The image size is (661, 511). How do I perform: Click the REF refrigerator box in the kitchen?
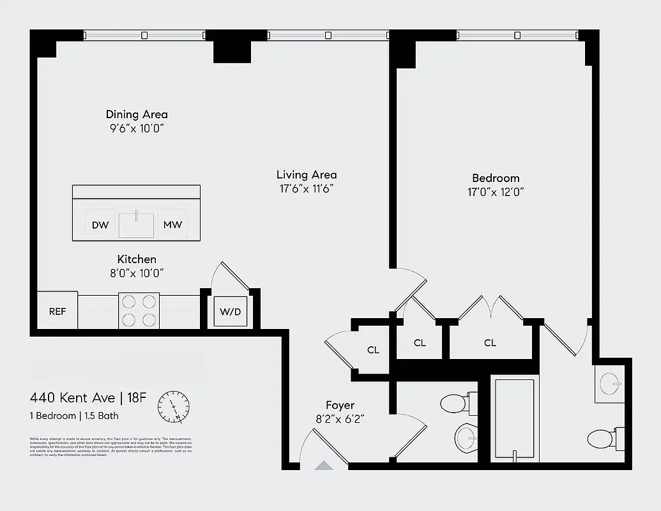(x=57, y=311)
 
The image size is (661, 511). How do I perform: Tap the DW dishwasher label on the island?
(x=100, y=225)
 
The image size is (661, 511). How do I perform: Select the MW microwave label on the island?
(x=172, y=225)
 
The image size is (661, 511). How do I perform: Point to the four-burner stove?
(x=139, y=310)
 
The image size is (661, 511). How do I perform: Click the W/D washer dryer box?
(x=231, y=312)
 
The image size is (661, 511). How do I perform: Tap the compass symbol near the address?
(x=174, y=407)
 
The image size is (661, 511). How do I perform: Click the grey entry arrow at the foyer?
(x=324, y=466)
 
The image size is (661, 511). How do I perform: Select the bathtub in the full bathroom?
(x=515, y=419)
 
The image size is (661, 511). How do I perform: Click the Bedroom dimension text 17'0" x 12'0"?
(x=495, y=192)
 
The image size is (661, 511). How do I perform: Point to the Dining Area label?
(x=137, y=114)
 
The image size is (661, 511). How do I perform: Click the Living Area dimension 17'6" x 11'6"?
(x=307, y=188)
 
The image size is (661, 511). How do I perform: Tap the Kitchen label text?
(x=137, y=259)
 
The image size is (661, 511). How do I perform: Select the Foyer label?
(x=340, y=405)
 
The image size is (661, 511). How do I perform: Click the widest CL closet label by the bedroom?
(x=490, y=343)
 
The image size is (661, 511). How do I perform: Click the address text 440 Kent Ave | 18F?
(x=88, y=398)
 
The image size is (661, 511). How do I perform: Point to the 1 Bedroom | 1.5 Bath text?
(x=74, y=416)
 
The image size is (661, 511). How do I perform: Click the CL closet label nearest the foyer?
(x=373, y=350)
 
